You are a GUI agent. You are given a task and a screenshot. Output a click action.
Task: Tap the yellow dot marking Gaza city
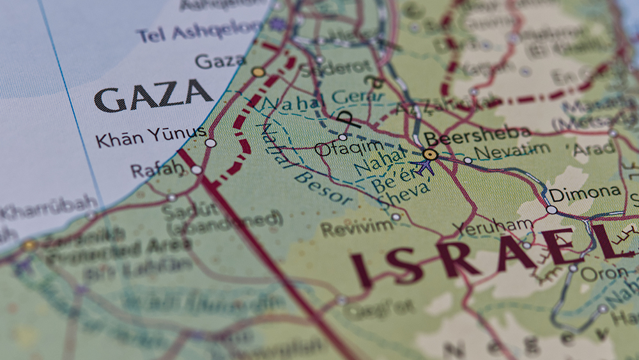click(258, 72)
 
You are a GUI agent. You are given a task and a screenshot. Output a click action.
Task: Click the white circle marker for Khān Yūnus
click(210, 143)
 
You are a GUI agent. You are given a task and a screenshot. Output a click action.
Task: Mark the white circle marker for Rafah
click(196, 170)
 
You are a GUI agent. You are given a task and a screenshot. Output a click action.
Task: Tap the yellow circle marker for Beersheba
click(430, 154)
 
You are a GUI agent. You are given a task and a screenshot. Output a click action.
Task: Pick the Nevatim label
click(513, 152)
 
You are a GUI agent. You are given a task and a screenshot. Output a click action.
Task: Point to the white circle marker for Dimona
click(551, 210)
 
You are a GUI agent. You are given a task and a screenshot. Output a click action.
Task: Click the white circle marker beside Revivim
click(396, 217)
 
